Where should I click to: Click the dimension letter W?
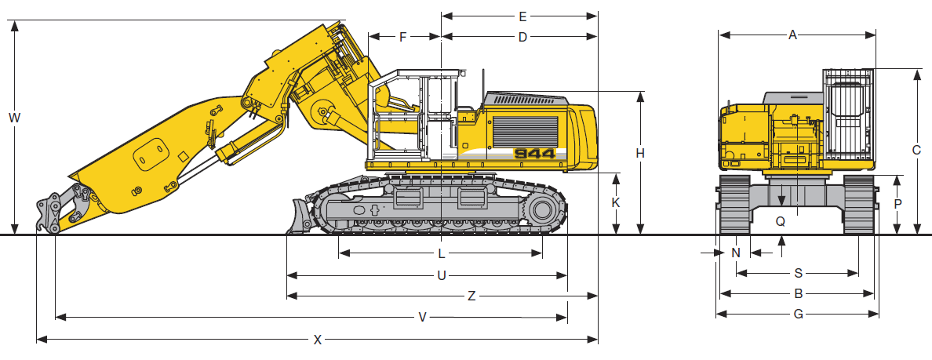pos(15,118)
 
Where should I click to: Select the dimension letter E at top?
pos(522,16)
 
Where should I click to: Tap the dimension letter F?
pos(403,38)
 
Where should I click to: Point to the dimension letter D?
pos(522,38)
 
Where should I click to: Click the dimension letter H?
pos(640,153)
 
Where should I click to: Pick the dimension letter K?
pos(616,202)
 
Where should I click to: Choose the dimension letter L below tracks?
pos(441,253)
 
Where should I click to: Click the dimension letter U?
pos(441,275)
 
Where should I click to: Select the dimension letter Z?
pos(471,296)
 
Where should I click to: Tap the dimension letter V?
pos(423,318)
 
